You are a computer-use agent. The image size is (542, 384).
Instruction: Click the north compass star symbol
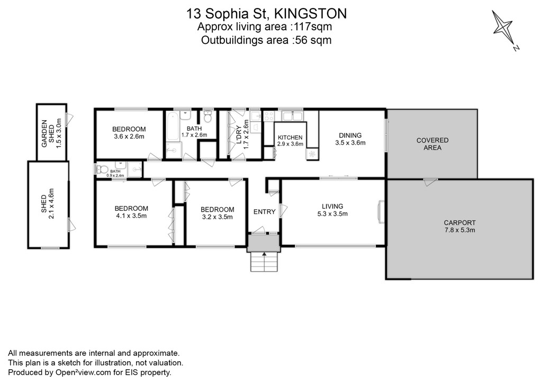point(503,28)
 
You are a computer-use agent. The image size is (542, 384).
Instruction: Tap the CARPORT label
point(460,223)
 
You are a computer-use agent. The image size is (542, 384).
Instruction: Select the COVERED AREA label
point(432,144)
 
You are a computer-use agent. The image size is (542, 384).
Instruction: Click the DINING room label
point(350,136)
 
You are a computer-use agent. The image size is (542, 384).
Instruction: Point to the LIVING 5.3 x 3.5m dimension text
point(332,214)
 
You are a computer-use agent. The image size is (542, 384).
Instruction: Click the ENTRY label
point(265,212)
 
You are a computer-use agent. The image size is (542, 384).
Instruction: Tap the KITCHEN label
point(290,138)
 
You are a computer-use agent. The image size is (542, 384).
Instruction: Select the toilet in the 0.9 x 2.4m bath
point(102,169)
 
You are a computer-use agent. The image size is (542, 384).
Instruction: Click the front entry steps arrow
point(265,255)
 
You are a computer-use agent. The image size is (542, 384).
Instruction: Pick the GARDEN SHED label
point(48,133)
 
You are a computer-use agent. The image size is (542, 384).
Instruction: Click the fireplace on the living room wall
point(381,212)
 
